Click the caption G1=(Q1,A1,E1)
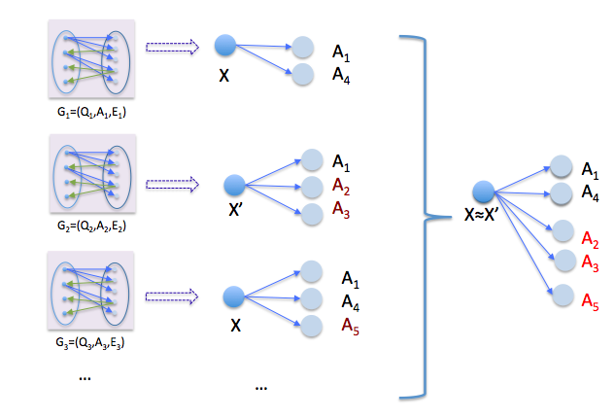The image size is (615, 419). [x=93, y=112]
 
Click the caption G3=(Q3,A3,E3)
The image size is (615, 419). [x=93, y=342]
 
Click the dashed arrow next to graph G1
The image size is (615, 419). [x=171, y=46]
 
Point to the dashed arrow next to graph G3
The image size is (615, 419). [x=171, y=295]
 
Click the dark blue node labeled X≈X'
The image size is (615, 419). [x=483, y=192]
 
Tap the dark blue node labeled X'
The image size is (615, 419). [x=234, y=185]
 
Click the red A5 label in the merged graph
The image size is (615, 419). [x=590, y=302]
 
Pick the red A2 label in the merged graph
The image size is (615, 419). [x=589, y=240]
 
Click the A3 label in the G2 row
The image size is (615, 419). [x=341, y=208]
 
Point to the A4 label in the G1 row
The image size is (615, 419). [x=341, y=74]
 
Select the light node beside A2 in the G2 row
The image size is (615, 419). [x=311, y=185]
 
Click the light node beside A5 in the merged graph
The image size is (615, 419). [x=561, y=297]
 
